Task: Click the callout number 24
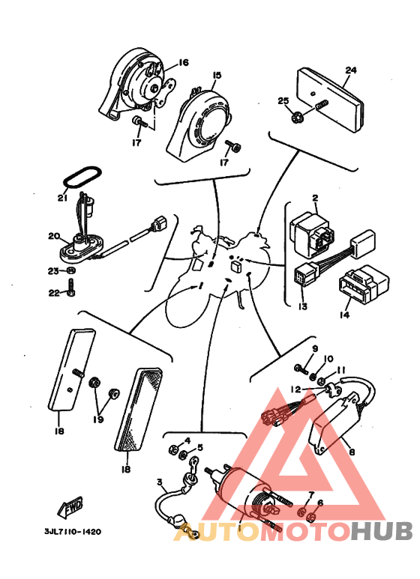pos(351,70)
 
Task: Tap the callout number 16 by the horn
pos(183,62)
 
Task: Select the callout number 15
pos(217,76)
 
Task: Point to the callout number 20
pos(54,236)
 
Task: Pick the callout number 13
pos(303,306)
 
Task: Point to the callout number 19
pos(98,419)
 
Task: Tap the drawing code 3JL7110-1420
pos(73,532)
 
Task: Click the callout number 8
pos(352,451)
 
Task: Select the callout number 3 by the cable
pos(159,482)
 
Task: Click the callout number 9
pos(315,348)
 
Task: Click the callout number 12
pos(295,389)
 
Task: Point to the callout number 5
pos(200,447)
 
